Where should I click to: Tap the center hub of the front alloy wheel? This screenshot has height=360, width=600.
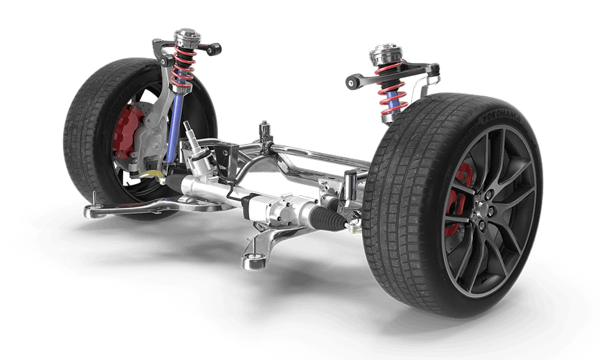[484, 210]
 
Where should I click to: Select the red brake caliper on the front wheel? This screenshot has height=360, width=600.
[458, 199]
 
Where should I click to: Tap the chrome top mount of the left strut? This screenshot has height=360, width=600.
[187, 37]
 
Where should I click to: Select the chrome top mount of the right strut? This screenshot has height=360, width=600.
[385, 55]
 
